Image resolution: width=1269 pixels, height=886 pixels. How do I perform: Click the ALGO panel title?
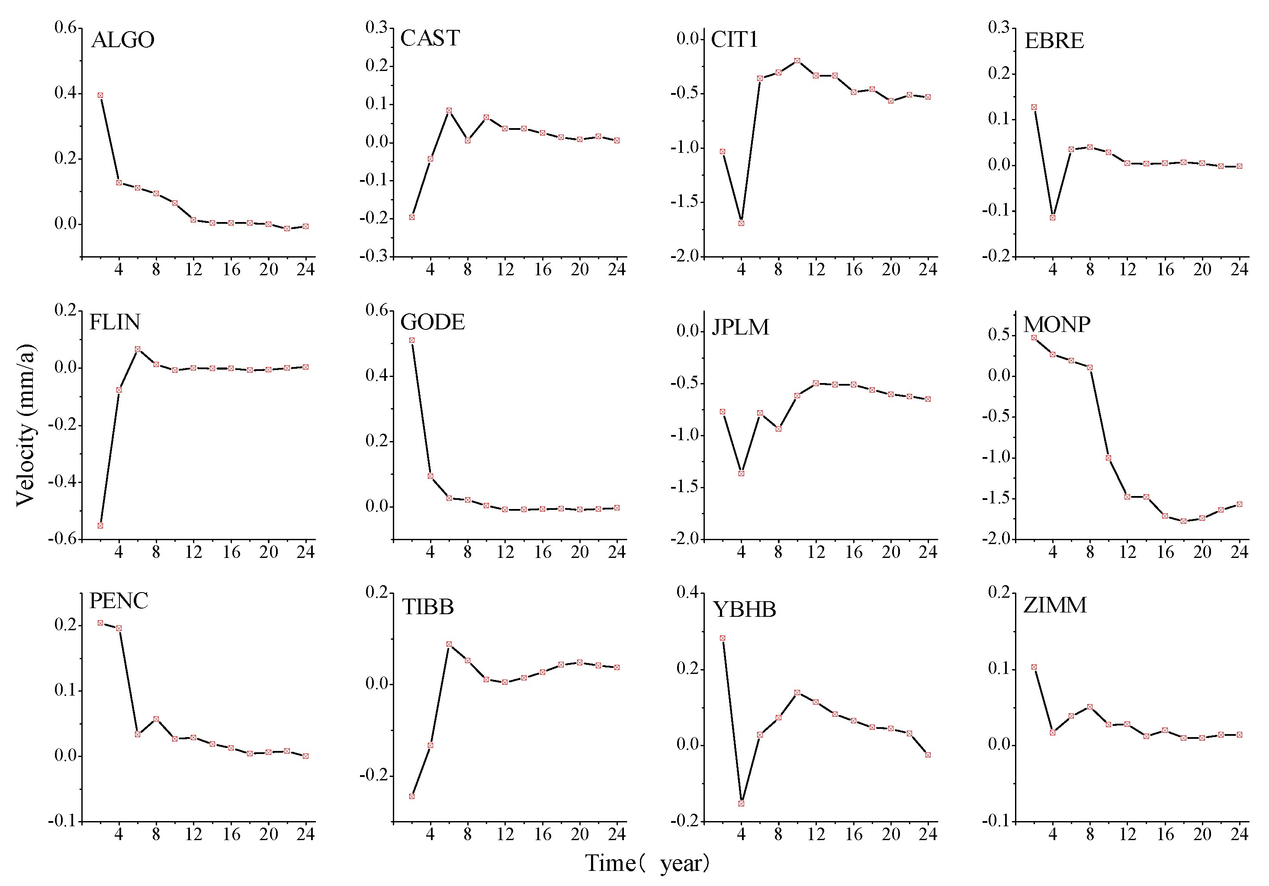[123, 40]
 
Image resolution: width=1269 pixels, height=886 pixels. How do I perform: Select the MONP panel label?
[1056, 325]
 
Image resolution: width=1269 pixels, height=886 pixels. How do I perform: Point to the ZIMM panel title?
[1054, 605]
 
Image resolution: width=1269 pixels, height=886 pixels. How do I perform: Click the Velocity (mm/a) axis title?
[26, 425]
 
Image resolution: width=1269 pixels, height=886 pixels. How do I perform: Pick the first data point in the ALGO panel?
[100, 95]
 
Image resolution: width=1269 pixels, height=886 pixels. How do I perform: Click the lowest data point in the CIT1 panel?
[741, 223]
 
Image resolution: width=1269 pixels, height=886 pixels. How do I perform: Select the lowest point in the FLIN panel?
[100, 525]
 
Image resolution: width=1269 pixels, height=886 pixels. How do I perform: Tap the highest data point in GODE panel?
[412, 340]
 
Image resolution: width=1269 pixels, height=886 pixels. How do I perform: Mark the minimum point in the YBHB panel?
[741, 803]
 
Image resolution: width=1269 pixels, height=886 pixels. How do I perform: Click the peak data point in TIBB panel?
[449, 644]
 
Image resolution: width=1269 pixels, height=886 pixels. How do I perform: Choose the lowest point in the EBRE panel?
[1052, 217]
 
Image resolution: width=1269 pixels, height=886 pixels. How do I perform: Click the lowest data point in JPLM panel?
[741, 474]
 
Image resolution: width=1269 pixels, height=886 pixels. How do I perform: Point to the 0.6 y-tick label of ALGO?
[65, 27]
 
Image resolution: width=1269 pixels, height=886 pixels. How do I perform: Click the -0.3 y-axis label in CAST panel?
[376, 256]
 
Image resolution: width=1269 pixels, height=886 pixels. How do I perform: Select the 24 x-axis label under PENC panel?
[305, 834]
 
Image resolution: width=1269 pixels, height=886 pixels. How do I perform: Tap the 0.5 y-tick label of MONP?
[998, 335]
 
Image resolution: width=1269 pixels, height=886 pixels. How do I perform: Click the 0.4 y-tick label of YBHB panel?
[688, 592]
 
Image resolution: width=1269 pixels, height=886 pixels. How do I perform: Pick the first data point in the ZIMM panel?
[1034, 667]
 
